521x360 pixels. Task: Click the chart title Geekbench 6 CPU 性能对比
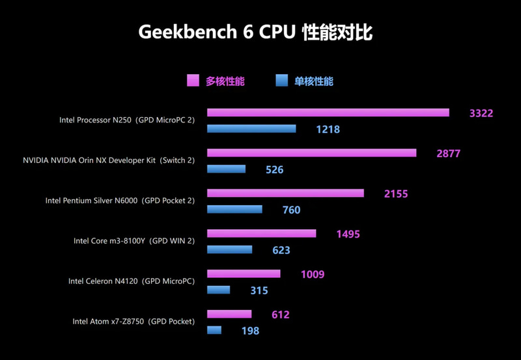point(255,33)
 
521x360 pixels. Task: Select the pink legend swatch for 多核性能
point(193,81)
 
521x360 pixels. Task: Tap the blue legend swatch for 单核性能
point(281,81)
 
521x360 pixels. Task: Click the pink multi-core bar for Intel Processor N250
point(328,113)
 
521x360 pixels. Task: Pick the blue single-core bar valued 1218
point(251,129)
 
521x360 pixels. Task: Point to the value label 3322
point(481,113)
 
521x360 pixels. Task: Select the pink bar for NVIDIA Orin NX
point(311,153)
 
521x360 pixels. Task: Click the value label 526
point(275,170)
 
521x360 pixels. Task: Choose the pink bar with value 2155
point(285,193)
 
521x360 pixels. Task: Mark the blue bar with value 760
point(234,210)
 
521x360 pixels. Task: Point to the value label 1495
point(348,234)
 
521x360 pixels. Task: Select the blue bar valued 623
point(229,250)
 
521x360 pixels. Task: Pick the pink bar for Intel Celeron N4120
point(244,274)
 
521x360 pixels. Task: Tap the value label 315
point(259,291)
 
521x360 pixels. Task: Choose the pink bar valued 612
point(229,314)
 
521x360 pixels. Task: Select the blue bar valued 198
point(214,331)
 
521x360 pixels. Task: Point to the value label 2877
point(449,154)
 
